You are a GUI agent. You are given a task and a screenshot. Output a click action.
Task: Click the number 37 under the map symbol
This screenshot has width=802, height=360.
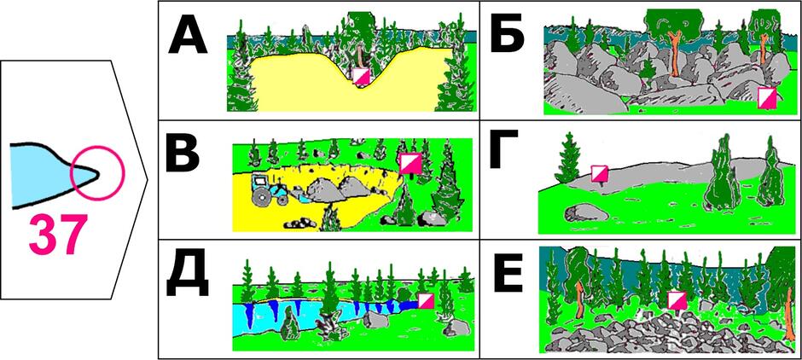pyautogui.click(x=55, y=235)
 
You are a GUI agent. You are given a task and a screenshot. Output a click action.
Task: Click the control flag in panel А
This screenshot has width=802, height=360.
pyautogui.click(x=362, y=77)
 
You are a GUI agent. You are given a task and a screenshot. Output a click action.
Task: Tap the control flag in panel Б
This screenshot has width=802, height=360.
pyautogui.click(x=767, y=97)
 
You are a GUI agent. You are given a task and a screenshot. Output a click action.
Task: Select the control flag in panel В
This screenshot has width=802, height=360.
pyautogui.click(x=410, y=164)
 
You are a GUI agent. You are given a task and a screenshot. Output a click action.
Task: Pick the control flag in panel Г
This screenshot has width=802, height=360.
pyautogui.click(x=599, y=173)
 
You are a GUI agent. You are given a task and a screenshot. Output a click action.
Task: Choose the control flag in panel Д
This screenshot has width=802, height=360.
pyautogui.click(x=426, y=300)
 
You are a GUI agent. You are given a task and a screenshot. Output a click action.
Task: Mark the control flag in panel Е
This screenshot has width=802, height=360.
pyautogui.click(x=677, y=299)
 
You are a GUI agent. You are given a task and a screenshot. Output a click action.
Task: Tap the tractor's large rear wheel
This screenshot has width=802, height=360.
pyautogui.click(x=263, y=196)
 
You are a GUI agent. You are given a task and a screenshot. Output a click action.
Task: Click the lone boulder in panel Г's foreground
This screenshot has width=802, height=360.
pyautogui.click(x=581, y=212)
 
